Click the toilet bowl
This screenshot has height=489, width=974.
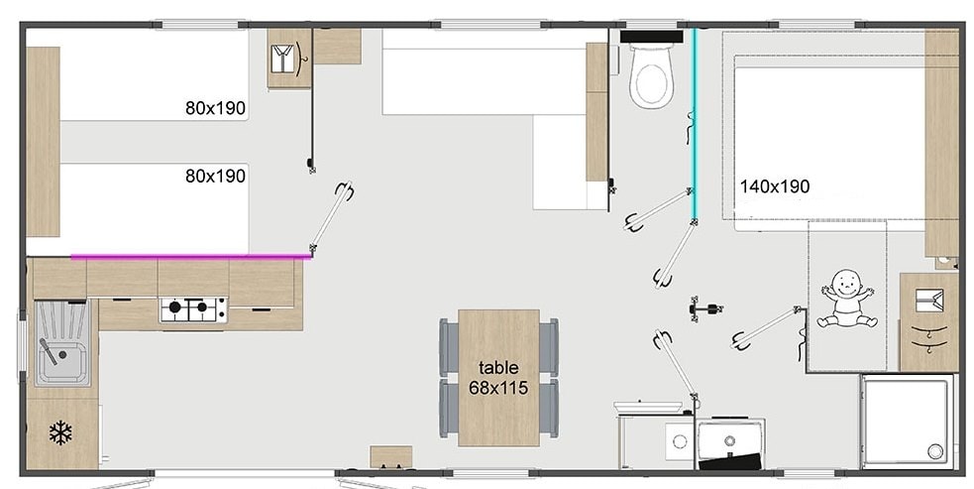tap(651, 76)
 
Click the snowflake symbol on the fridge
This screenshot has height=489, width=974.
tap(60, 433)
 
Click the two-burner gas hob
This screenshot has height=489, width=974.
tap(193, 309)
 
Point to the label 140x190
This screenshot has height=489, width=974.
tap(775, 186)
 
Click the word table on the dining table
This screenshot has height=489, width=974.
tap(498, 367)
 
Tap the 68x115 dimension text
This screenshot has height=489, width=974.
tap(498, 388)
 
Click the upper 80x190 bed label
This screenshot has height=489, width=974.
tap(215, 108)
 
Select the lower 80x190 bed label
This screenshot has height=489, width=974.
tap(215, 177)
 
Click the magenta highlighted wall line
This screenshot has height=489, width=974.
tap(191, 256)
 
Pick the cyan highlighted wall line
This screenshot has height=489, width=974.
tap(695, 125)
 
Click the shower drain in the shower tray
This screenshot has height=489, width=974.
tap(935, 449)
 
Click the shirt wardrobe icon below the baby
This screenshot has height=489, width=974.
tap(929, 302)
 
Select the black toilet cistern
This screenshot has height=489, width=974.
tap(651, 37)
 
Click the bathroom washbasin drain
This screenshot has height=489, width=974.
tap(678, 441)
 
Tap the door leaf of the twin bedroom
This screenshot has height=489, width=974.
tap(331, 218)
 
